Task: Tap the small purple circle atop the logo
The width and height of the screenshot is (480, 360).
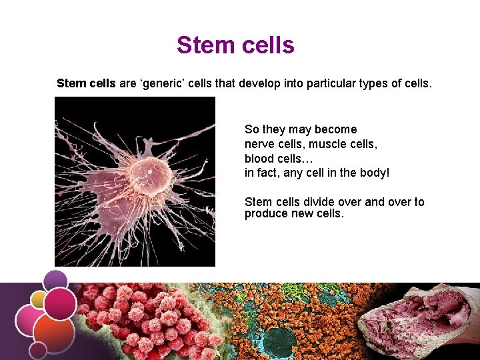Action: (56, 279)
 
